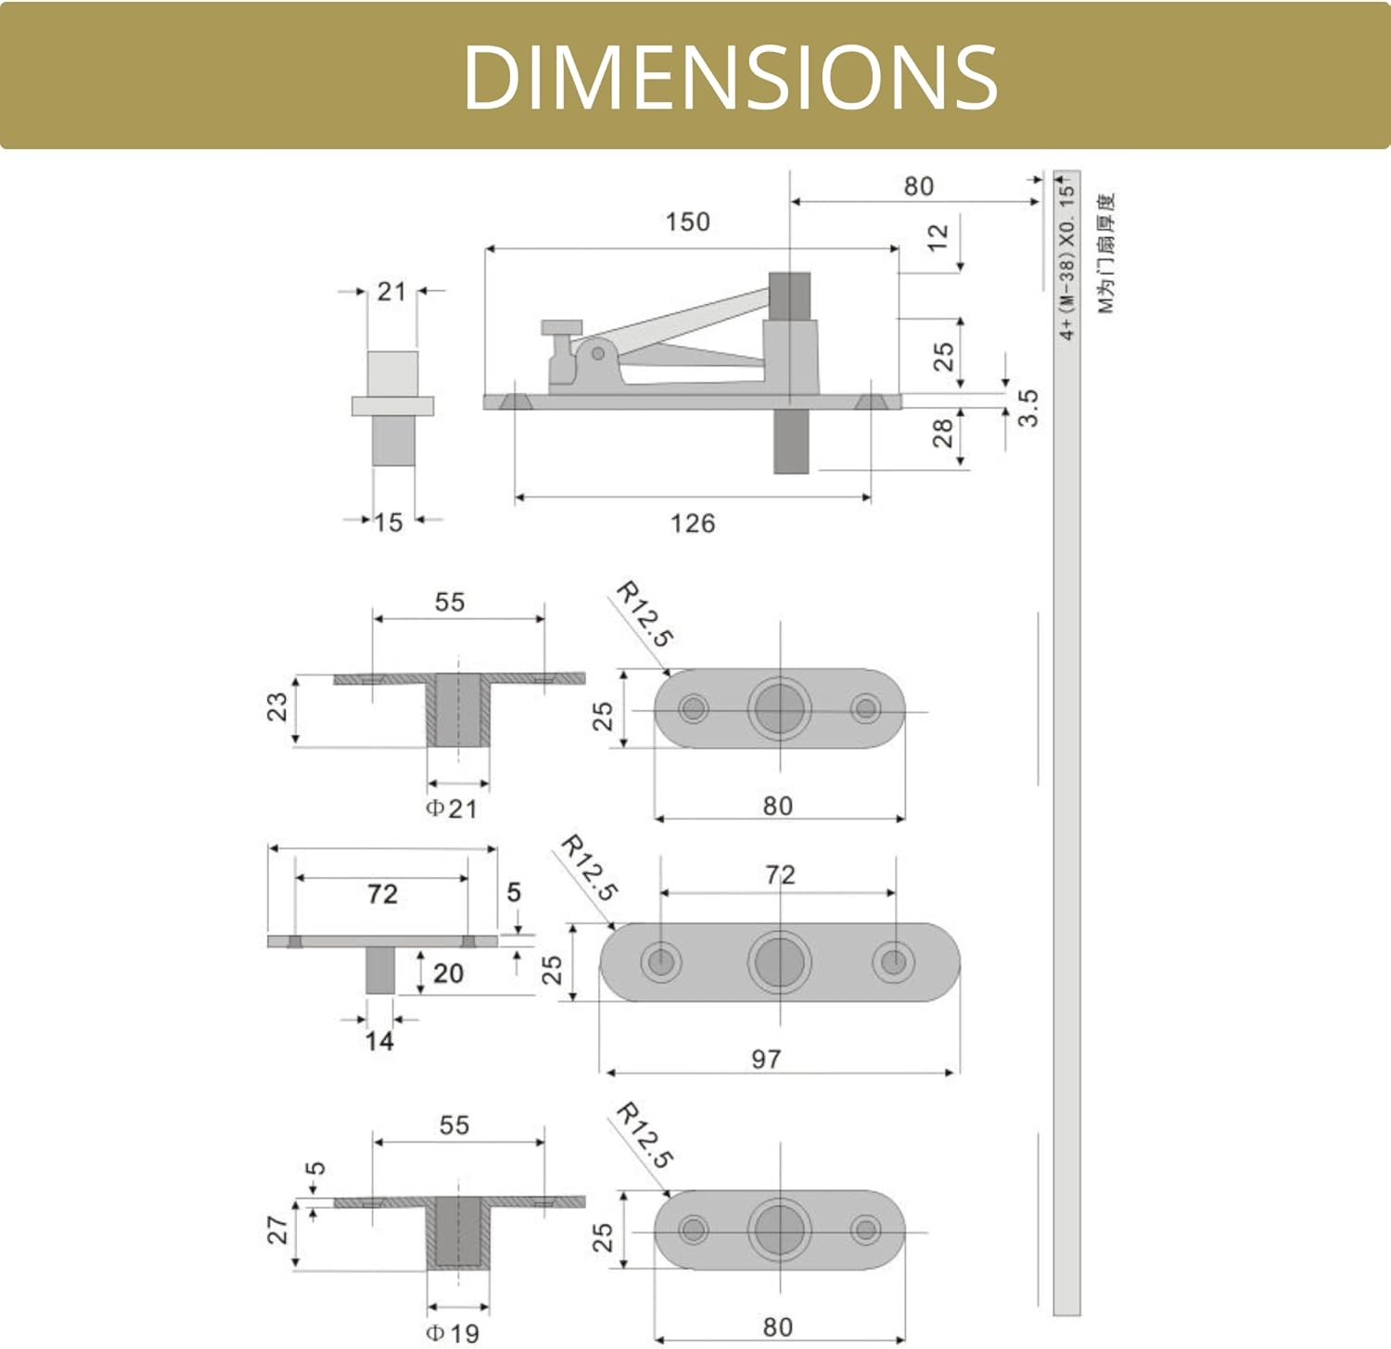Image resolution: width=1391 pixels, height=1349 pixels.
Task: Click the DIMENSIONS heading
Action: point(730,76)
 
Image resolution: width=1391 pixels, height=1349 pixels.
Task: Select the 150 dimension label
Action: point(687,222)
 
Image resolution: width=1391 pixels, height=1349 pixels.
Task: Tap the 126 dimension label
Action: point(693,523)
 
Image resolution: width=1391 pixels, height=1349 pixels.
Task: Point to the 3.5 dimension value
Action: point(1027,408)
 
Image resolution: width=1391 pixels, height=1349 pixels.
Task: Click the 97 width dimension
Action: point(766,1059)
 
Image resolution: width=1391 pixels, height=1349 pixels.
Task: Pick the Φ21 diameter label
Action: point(452,808)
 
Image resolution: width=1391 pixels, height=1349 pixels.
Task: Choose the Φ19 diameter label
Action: point(453,1333)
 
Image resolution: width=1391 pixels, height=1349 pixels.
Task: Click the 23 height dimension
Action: point(276,707)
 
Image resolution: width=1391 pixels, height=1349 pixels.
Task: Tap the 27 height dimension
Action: point(276,1230)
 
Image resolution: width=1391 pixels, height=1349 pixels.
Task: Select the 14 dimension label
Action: point(379,1041)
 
